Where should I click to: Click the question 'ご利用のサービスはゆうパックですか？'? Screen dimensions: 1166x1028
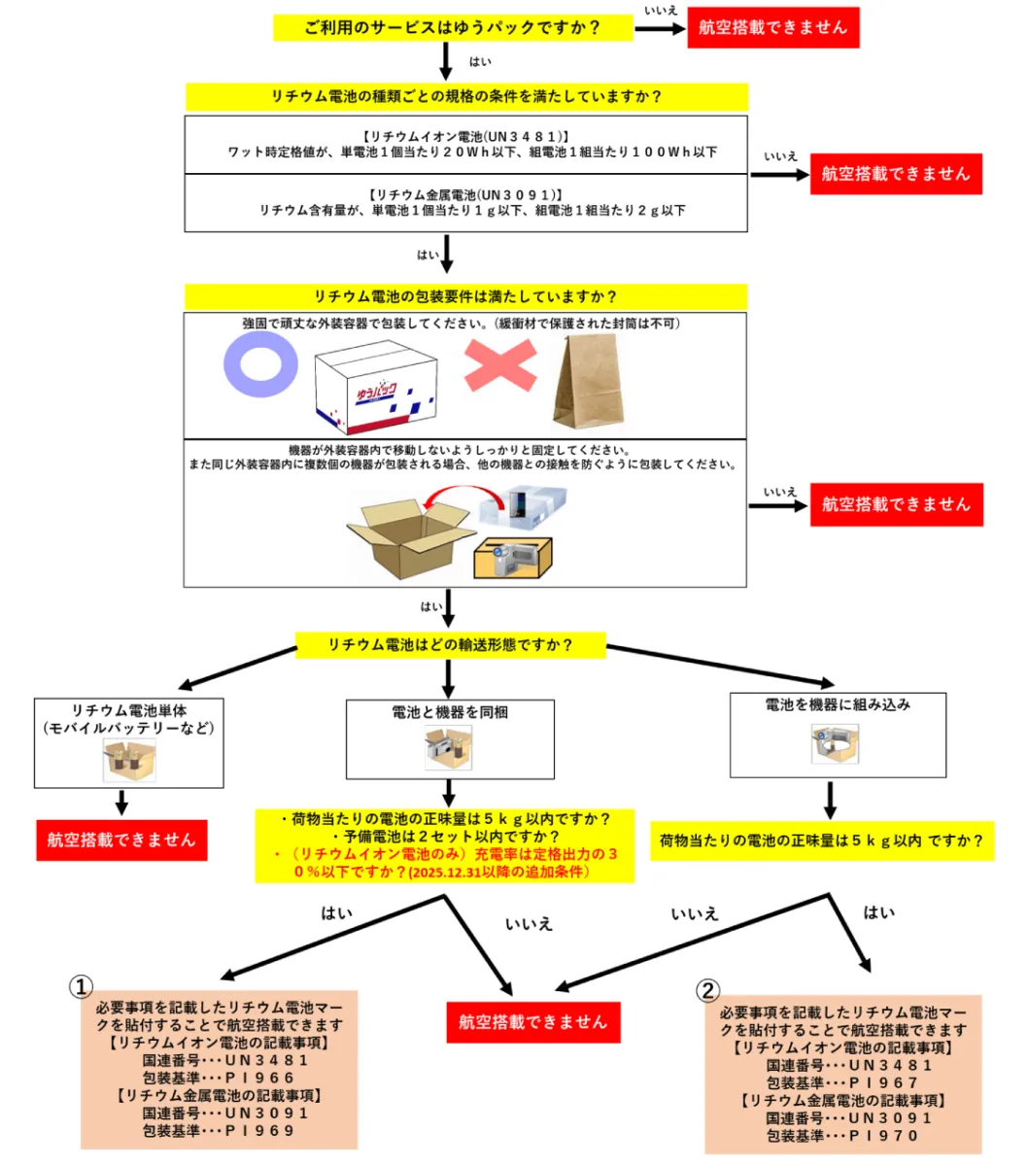pos(453,27)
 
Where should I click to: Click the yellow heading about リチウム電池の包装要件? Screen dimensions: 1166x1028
pos(465,296)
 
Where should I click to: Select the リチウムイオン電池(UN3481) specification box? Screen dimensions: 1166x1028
pos(465,145)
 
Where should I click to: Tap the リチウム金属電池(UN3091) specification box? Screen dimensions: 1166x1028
pos(465,202)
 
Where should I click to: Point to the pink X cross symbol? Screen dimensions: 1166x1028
pos(499,366)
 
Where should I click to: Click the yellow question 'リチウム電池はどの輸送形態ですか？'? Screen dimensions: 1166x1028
pos(450,644)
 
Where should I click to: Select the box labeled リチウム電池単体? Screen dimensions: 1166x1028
pos(129,742)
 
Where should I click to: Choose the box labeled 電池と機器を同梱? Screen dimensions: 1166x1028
pos(450,738)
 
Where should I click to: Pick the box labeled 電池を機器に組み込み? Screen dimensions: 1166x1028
pos(838,735)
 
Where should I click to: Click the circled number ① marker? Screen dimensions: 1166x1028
pos(81,986)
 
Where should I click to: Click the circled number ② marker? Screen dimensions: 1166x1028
pos(708,990)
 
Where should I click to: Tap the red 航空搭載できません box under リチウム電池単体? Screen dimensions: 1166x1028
pos(121,840)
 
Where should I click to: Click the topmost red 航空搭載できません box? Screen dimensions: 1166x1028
pos(773,27)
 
